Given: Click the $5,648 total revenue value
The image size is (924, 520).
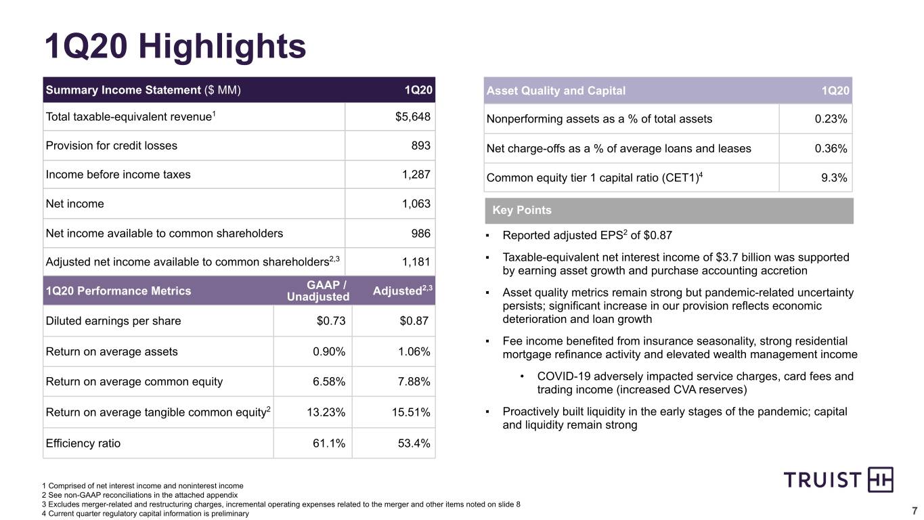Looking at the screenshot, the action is coord(412,116).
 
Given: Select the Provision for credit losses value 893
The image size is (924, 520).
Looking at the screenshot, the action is coord(421,146).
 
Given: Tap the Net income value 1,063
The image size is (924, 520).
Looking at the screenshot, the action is coord(416,204).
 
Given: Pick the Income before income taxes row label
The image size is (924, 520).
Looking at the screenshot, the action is coord(118,175).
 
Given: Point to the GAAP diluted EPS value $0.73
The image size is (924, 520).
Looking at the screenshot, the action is coord(331,321).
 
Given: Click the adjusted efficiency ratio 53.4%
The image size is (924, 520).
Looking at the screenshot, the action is coord(414,443).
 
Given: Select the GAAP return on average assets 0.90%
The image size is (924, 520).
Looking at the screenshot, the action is coord(329,351).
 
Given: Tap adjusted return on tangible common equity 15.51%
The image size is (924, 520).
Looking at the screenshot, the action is coord(411,412).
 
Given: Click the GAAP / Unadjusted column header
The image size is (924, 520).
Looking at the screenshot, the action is coord(318,291).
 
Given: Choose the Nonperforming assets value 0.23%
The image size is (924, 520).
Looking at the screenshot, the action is coord(831,119).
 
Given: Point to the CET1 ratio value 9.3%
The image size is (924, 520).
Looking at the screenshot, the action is coord(834,178).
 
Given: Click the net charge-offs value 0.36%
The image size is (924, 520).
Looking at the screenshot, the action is coord(831,148).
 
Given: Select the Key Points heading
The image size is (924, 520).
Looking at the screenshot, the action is coord(522,210).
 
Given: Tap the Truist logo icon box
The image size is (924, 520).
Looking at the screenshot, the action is coord(881,479).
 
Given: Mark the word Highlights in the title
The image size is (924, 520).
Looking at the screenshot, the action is coord(222,46).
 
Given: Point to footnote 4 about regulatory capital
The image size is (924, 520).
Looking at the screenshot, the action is coord(145,514).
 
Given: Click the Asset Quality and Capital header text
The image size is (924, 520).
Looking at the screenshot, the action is coord(556,91).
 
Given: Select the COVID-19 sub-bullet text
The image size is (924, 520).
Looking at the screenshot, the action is coord(695,383).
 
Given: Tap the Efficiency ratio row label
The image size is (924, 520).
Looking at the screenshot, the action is coord(83,443).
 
